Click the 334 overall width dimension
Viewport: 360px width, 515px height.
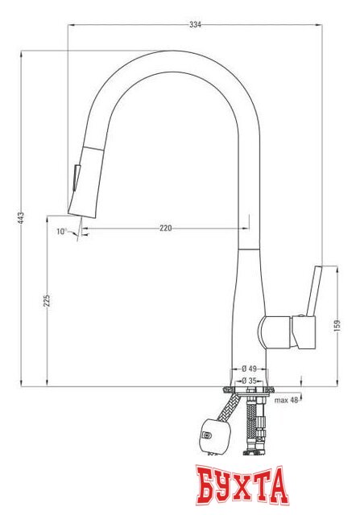point(195,25)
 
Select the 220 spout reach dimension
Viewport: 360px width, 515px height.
point(165,229)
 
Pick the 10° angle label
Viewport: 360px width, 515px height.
point(60,232)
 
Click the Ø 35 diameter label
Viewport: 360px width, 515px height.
point(249,381)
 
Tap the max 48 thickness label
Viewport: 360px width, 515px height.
point(286,400)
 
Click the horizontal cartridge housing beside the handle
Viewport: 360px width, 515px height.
point(279,332)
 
